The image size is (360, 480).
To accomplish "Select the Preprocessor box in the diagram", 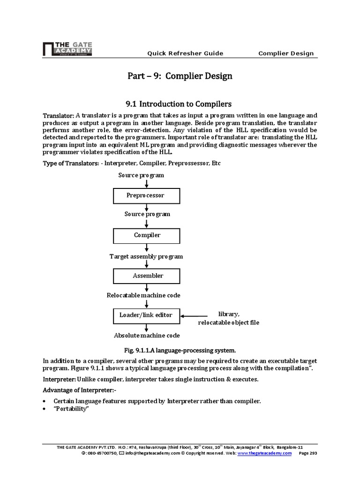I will (147, 195).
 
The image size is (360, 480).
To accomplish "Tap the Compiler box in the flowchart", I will (147, 235).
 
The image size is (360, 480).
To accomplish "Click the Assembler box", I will (147, 276).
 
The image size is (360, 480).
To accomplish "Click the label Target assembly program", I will (146, 256).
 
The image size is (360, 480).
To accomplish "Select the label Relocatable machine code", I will (143, 295).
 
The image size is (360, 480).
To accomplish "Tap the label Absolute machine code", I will (147, 336).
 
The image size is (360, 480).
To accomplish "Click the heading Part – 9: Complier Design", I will (180, 75).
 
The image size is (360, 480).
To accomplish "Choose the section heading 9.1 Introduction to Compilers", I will (180, 103).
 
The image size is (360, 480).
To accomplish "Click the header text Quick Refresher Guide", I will (185, 53).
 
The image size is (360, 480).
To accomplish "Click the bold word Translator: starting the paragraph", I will (58, 115).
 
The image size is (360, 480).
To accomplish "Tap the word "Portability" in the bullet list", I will (71, 409).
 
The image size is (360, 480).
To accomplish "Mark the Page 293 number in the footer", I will (307, 454).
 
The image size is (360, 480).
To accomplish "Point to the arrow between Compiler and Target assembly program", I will (147, 247).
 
